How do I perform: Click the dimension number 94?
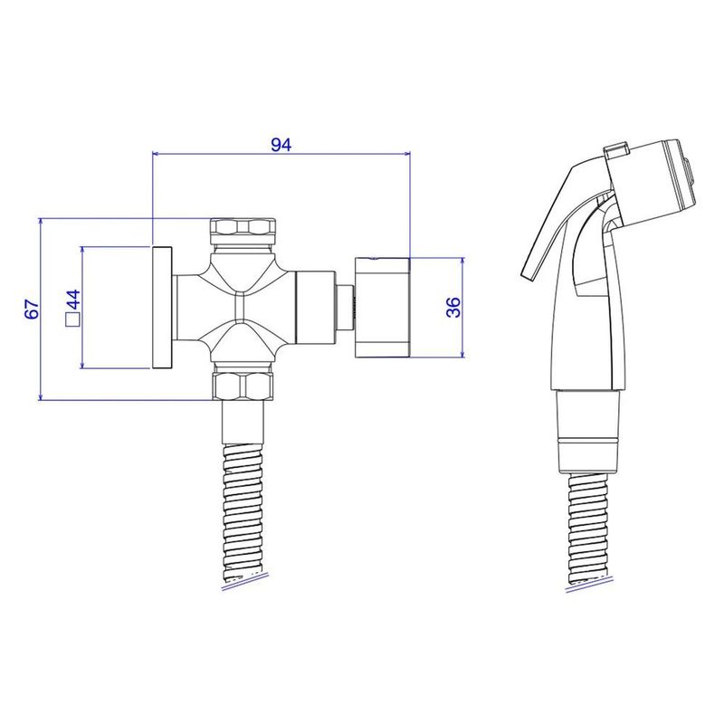(x=281, y=144)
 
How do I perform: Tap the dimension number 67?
(x=31, y=309)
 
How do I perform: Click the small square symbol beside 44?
(x=72, y=319)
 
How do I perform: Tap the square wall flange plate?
(x=162, y=308)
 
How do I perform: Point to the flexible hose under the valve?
(x=242, y=507)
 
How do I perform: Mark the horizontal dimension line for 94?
(x=217, y=155)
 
